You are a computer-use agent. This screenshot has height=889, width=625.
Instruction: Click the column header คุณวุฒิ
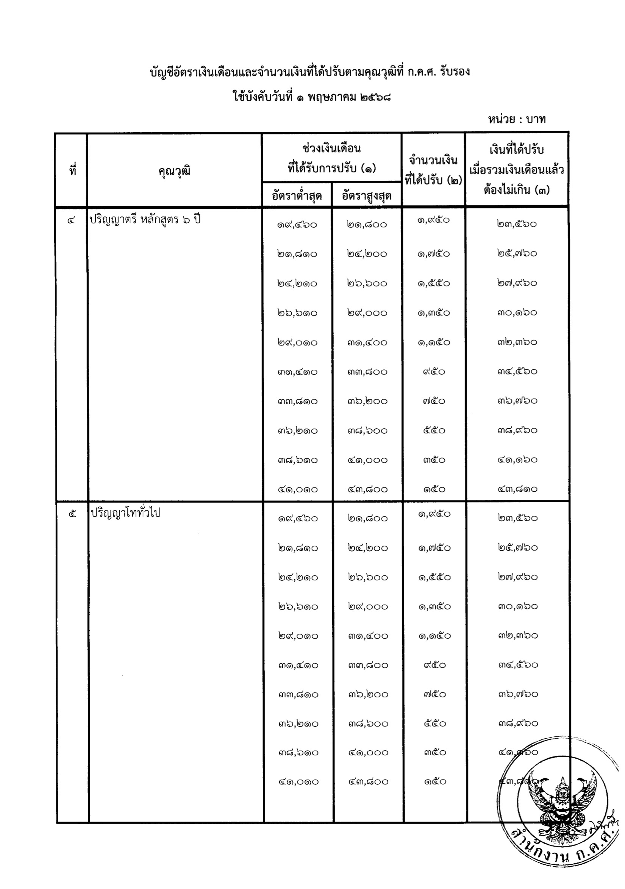pos(174,171)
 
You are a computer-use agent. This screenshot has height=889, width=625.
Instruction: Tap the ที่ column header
pos(72,170)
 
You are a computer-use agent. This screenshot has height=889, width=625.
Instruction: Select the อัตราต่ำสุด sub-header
pos(297,195)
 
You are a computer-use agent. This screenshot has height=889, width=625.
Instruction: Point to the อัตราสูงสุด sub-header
pos(367,195)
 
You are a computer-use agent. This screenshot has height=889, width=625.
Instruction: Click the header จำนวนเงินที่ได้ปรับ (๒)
pos(433,170)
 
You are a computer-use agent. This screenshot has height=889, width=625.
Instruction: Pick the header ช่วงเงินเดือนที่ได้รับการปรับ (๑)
pos(331,158)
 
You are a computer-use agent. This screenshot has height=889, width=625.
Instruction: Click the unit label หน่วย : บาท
pos(517,119)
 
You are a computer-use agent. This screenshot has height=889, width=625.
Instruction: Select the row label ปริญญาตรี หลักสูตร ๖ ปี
pos(145,220)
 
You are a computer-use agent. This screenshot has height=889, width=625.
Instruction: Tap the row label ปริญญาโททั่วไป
pos(125,513)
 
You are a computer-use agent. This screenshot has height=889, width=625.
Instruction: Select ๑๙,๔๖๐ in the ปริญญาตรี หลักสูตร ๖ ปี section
pos(297,225)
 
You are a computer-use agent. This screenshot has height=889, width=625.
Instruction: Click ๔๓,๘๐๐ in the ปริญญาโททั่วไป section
pos(368,782)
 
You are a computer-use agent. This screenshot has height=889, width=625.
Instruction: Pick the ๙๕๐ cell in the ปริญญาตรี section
pos(434,372)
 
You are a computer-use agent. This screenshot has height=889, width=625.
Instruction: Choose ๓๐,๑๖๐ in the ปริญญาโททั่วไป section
pos(518,606)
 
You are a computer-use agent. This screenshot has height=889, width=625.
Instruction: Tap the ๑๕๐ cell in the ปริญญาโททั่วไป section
pos(435,782)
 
